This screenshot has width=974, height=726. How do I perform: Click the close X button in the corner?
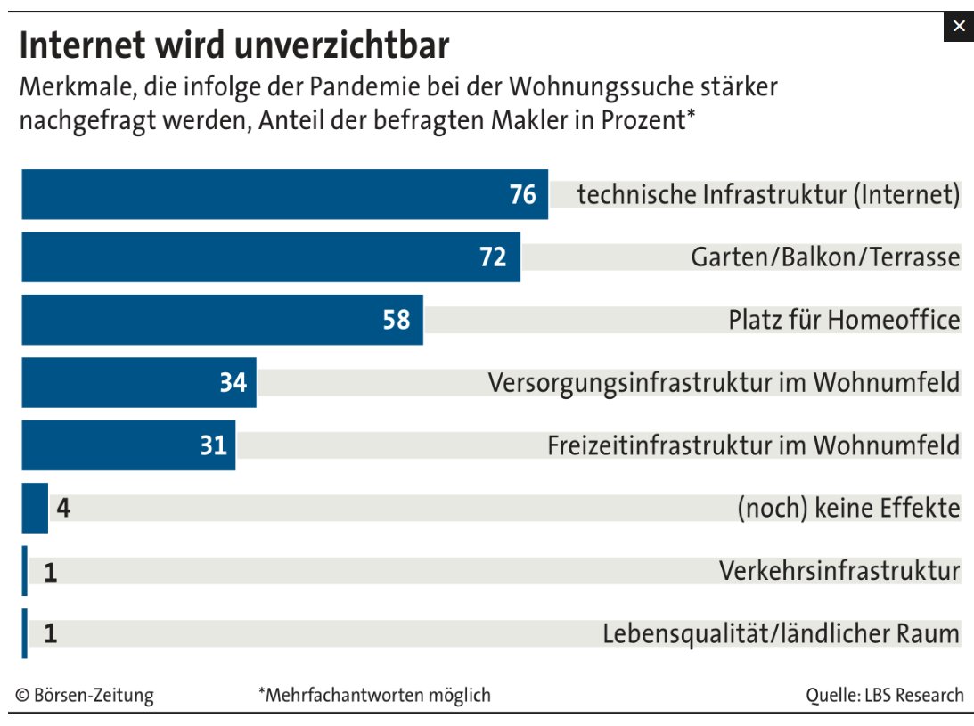click(958, 27)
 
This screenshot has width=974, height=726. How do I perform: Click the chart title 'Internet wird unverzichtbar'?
click(233, 45)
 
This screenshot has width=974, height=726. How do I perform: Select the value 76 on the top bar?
click(523, 194)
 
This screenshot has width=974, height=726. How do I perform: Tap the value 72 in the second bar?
click(493, 257)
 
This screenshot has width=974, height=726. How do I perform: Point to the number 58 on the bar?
click(397, 320)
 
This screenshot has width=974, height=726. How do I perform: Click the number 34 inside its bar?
click(233, 383)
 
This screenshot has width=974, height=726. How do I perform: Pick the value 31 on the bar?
click(214, 445)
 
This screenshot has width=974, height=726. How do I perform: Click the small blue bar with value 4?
click(34, 508)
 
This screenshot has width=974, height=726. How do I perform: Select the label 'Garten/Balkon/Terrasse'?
click(825, 257)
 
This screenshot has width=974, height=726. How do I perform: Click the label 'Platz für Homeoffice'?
click(844, 320)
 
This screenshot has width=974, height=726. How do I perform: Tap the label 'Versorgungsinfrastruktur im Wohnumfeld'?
click(724, 383)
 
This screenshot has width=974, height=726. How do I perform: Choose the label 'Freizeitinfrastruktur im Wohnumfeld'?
click(754, 445)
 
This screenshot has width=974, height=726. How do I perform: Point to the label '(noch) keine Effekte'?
click(848, 509)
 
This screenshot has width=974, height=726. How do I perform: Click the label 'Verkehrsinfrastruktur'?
click(839, 571)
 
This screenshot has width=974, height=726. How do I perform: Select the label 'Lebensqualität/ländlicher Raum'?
click(781, 634)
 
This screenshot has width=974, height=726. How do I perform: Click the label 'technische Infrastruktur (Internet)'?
click(768, 194)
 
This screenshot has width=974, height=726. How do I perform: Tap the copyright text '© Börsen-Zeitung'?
click(85, 696)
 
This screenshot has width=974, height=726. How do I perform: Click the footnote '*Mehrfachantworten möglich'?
click(374, 696)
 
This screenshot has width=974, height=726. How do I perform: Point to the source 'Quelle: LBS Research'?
click(884, 696)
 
